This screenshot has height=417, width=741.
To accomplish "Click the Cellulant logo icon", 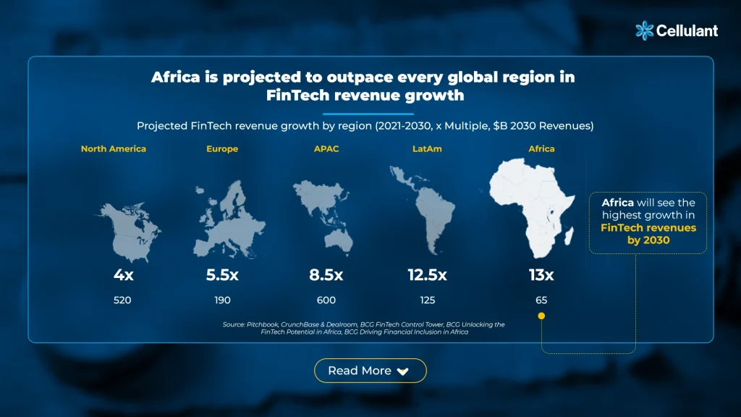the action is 645,30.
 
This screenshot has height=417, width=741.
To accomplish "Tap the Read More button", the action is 370,371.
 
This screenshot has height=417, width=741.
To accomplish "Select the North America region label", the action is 114,149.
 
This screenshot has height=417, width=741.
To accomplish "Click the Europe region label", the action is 222,149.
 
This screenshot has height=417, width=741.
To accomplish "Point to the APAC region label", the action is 326,149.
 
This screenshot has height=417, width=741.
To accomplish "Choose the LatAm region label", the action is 427,149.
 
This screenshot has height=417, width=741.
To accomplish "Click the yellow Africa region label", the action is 541,149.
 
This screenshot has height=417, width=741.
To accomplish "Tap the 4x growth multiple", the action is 123,274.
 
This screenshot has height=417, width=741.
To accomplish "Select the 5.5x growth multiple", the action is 222,274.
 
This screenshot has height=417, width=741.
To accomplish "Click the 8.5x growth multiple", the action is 326,274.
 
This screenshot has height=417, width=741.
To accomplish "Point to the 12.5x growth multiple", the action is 427,274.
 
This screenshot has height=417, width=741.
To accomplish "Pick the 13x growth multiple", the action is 541,274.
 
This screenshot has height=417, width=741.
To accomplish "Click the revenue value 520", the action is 122,300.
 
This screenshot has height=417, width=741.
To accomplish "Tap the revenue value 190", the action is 223,300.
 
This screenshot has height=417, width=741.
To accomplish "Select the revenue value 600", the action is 326,300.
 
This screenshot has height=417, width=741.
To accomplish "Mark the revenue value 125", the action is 428,300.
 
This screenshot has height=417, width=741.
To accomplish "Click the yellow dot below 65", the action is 541,316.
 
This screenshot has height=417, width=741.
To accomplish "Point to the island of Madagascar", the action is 569,235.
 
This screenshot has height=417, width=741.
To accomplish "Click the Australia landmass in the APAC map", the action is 339,242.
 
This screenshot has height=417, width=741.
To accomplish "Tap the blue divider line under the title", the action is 368,114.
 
